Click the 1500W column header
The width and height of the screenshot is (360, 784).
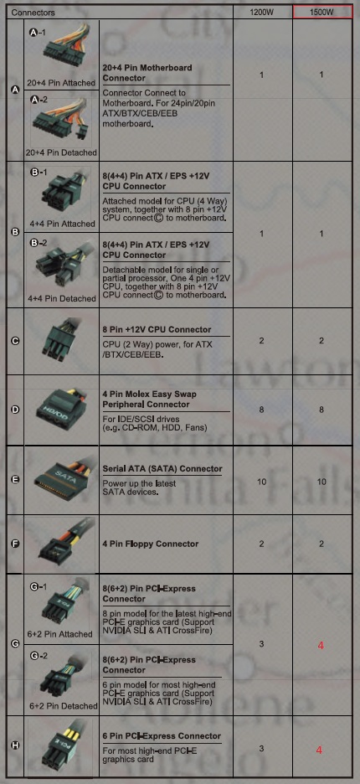point(322,13)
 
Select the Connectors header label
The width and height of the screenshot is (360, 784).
point(33,13)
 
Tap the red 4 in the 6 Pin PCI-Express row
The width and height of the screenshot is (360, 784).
point(320,750)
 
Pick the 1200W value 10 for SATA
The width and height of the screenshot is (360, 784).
point(262,482)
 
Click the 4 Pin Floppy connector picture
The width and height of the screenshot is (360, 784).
point(64,544)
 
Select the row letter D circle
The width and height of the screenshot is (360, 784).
point(15,410)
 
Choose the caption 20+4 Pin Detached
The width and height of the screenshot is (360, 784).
point(62,152)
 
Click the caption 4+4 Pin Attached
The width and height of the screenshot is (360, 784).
point(62,224)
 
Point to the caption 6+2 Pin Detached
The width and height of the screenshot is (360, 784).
point(63,706)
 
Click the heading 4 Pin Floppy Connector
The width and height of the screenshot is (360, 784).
point(151,544)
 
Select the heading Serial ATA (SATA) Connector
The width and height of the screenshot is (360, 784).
point(162,469)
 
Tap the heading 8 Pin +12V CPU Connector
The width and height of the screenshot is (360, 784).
point(157,330)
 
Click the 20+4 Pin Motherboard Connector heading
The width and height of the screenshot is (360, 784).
point(147,73)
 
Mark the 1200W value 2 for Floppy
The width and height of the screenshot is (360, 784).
point(261,544)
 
